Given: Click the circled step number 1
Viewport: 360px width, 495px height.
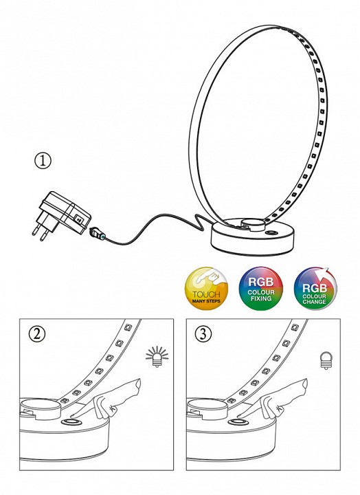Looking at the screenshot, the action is click(43, 161).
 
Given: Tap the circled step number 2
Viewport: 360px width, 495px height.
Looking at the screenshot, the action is click(37, 334).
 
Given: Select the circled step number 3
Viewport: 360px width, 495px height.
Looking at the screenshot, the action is click(203, 334).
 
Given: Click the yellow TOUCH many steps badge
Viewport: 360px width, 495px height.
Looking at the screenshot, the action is click(206, 289).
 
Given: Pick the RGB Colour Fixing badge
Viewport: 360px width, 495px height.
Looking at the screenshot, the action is click(261, 289).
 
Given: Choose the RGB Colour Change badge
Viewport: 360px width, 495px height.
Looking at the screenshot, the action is click(315, 289).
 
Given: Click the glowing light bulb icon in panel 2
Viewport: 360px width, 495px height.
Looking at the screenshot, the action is click(157, 357).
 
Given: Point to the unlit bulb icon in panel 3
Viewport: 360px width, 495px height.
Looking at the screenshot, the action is click(325, 360).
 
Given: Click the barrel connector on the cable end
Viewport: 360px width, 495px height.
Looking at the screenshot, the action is click(98, 233).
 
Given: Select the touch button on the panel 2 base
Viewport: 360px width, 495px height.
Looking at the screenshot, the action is click(71, 423).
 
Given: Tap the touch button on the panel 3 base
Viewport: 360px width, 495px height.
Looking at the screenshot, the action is click(238, 423).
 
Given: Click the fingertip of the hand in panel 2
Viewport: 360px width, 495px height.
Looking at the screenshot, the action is click(138, 383).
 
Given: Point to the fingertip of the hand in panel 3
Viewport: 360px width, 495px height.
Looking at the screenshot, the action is click(305, 383).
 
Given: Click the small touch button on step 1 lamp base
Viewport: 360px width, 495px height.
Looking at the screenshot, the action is click(271, 233).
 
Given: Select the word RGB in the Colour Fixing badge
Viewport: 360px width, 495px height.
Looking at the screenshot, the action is click(260, 282).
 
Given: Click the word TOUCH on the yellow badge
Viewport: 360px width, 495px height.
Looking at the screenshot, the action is click(206, 294).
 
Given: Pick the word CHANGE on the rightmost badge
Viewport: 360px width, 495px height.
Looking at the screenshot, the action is click(314, 302).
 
